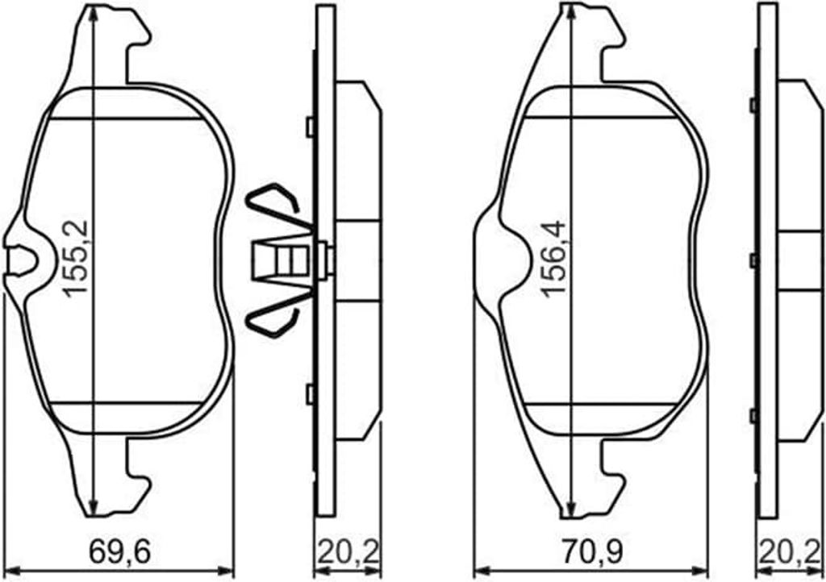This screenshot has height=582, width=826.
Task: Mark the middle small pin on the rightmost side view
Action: pos(753,260)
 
